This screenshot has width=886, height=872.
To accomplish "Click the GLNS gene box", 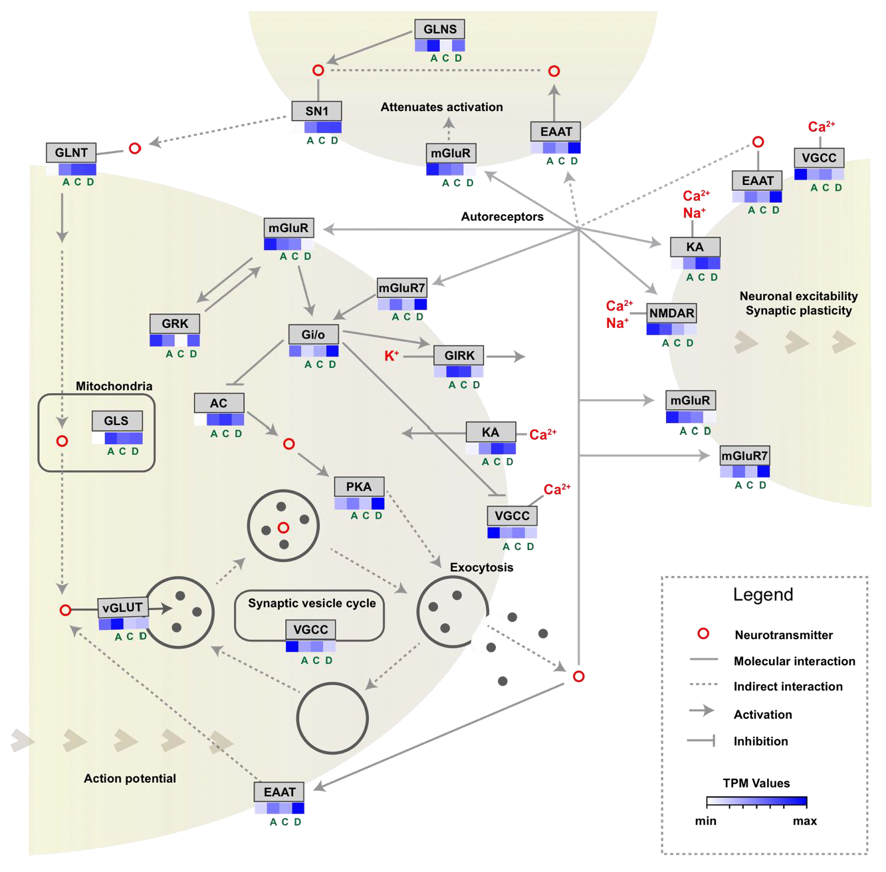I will [439, 29].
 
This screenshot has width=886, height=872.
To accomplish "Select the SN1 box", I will [317, 111].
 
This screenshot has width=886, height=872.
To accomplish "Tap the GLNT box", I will [71, 152].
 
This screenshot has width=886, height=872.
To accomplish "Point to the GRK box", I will [175, 324].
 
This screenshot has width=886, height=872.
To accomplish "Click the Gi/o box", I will [313, 334].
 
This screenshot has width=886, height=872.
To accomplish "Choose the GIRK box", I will [459, 355].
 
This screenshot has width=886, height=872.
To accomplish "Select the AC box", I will [219, 403].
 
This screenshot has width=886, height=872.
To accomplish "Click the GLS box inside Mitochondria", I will [116, 420].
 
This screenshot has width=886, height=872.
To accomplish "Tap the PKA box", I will [359, 487].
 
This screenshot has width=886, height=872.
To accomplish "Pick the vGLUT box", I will [123, 607].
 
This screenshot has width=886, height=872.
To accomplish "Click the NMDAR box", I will [671, 313].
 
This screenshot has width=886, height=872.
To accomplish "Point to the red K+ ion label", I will [391, 356].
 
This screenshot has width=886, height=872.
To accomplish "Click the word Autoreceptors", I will [502, 217].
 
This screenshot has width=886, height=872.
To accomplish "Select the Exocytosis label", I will [481, 567].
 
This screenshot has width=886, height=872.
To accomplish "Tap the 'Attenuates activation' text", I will [441, 107].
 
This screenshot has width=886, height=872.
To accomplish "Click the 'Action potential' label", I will [130, 778].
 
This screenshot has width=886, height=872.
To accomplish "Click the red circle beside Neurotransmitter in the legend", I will [703, 634].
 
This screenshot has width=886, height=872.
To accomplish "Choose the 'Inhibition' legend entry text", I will [760, 741].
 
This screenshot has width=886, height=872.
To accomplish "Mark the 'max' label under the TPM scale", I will [804, 821].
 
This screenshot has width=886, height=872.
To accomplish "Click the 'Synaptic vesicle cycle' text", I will [312, 603].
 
